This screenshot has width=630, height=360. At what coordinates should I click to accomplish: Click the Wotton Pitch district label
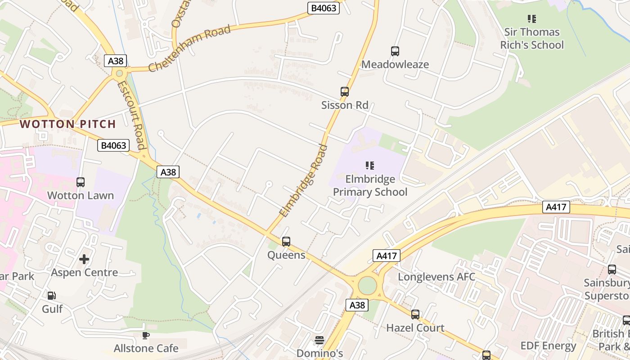68,124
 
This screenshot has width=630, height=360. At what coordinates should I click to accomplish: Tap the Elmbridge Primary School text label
370,185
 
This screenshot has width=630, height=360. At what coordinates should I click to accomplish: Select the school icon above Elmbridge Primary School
370,166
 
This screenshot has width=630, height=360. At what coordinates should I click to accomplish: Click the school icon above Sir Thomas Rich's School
532,19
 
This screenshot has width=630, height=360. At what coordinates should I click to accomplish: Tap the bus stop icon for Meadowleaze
395,51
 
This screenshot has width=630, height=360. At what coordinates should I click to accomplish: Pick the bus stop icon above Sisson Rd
345,92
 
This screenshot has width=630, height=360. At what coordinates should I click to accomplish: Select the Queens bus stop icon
286,242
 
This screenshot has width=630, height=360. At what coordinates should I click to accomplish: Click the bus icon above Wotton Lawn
81,182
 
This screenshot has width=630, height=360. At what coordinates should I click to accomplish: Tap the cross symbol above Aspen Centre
84,259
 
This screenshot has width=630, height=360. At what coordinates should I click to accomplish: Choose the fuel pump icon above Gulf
52,296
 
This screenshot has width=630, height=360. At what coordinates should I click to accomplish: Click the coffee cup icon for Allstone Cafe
146,335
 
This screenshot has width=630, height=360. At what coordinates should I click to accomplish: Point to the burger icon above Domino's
319,340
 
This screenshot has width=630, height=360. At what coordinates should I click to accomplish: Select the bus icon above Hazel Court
415,315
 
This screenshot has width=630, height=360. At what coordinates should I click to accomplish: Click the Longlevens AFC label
436,276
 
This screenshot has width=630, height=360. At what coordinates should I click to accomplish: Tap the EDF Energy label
548,346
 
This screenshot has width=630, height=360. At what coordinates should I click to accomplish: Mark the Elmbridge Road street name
304,180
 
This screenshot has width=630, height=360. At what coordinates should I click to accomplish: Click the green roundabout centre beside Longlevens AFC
368,285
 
